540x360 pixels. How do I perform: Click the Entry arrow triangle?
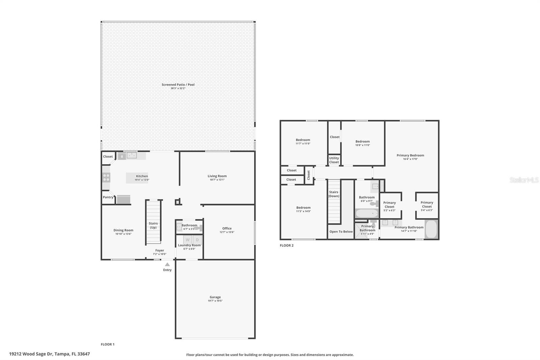[x=167, y=264]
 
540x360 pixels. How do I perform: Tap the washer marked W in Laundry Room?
[x=187, y=240]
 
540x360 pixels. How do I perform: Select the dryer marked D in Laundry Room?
[x=197, y=240]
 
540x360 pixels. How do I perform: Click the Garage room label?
[x=215, y=297]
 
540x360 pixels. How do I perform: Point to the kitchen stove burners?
[x=106, y=177]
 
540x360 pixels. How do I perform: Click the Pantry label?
[x=108, y=197]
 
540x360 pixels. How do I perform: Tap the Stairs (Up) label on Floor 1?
[x=153, y=225]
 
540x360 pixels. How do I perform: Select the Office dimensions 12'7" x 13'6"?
[x=227, y=232]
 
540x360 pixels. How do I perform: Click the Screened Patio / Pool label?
[x=178, y=85]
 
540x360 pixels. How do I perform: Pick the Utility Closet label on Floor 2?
[x=334, y=160]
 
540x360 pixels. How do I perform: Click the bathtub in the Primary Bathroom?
[x=431, y=229]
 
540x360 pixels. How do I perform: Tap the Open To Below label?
[x=341, y=232]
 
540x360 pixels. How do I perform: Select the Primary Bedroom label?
[x=410, y=155]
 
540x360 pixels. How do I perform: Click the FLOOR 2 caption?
[x=287, y=246]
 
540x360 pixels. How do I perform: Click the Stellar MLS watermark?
[x=524, y=180]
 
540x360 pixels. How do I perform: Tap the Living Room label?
[x=217, y=176]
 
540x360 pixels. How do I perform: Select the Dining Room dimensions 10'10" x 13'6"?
[x=123, y=234]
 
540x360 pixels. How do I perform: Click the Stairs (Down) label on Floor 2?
[x=334, y=194]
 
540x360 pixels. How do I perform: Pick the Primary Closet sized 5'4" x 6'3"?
[x=427, y=206]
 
